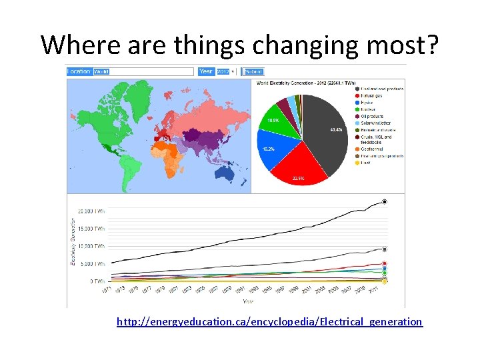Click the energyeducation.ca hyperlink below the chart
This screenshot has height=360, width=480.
[x=269, y=322]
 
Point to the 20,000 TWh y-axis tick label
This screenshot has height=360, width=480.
[x=91, y=211]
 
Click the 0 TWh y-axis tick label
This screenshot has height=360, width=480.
[x=96, y=281]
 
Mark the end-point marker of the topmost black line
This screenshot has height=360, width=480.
[x=385, y=201]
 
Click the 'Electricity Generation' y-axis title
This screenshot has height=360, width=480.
[x=73, y=241]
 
